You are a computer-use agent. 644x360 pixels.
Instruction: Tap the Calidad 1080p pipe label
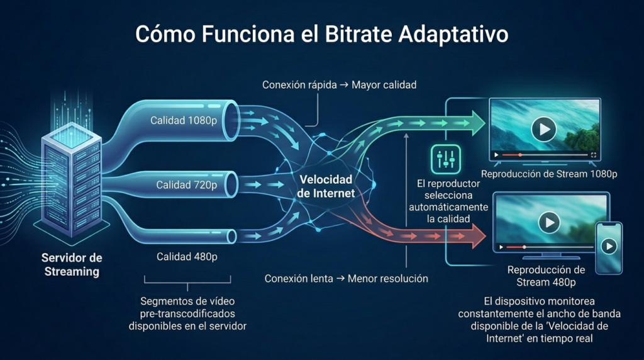coord(186,120)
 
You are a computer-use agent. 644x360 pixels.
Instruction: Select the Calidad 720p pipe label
coord(187,185)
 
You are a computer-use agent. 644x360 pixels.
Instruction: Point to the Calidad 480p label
coord(187,256)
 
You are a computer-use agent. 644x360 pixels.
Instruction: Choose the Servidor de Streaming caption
coord(71,265)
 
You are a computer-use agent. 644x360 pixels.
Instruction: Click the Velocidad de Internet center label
coord(326,187)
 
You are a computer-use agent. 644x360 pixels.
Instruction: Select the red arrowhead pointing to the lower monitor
coord(478,238)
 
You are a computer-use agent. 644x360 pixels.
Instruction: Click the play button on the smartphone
coord(608,247)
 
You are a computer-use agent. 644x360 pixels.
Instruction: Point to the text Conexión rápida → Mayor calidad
coord(340,84)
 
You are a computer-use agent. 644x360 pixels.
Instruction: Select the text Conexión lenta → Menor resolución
coord(346,278)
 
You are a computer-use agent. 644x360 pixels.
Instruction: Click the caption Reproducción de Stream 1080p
coord(548,174)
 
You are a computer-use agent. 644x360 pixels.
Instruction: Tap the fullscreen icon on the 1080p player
coord(593,154)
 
